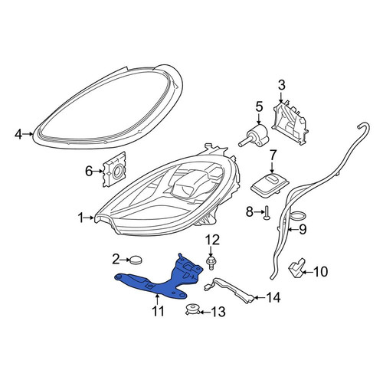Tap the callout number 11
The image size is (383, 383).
point(158,311)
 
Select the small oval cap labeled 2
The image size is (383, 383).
point(136,260)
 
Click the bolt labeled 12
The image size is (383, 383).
point(211,263)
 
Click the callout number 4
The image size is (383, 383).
point(18,135)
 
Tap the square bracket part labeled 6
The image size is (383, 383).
point(114,170)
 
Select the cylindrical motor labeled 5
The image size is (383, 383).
point(254,136)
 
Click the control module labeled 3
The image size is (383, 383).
point(290,123)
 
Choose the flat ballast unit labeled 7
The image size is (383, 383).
point(270,185)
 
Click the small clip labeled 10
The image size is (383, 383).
point(297,269)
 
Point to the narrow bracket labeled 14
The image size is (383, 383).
point(230,290)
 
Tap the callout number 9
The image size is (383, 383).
point(303,229)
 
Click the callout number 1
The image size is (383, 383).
point(80,218)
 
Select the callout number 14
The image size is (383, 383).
point(273,297)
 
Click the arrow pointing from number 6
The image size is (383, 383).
point(97,171)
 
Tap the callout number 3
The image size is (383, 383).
point(281,85)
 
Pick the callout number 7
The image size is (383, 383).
point(273,155)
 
